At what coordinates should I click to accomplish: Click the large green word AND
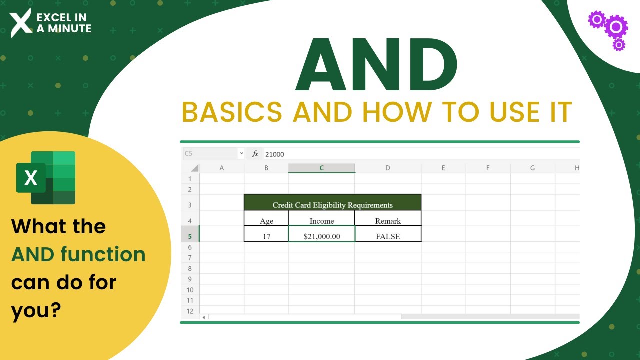click(x=376, y=65)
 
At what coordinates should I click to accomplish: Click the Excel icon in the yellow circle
click(x=46, y=178)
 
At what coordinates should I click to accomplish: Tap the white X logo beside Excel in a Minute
click(x=21, y=23)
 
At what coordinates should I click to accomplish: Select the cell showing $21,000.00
click(x=321, y=236)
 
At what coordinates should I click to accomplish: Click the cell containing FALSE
click(x=387, y=236)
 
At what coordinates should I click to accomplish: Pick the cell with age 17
click(x=266, y=236)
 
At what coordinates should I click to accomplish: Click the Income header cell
click(x=321, y=221)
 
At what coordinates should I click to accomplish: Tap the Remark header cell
click(x=388, y=221)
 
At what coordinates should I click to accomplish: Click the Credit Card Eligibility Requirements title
click(x=332, y=205)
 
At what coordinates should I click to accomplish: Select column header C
click(x=321, y=168)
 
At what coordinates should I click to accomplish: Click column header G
click(x=532, y=168)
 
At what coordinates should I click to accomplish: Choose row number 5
click(x=190, y=236)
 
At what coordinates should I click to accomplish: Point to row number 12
click(x=190, y=311)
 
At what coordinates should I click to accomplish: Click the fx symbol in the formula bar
click(x=255, y=154)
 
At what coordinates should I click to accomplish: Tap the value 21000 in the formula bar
click(x=275, y=154)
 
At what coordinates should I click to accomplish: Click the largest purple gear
click(x=616, y=26)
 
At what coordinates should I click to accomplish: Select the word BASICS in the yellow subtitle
click(x=232, y=112)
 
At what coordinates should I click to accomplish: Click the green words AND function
click(x=78, y=255)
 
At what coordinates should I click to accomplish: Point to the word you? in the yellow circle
click(x=36, y=311)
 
